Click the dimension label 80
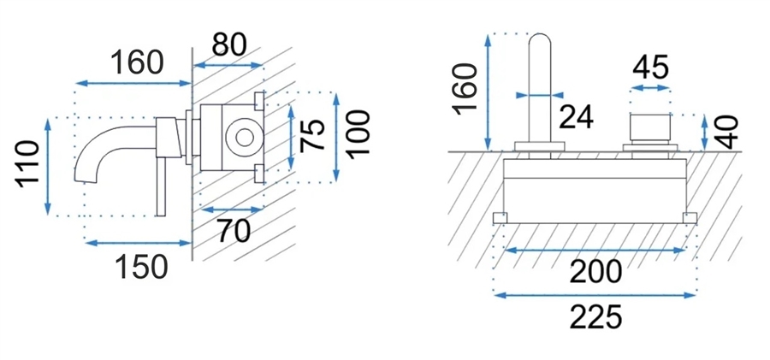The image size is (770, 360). click(x=228, y=45)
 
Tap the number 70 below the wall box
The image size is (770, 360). click(x=234, y=232)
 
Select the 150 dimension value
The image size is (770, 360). click(x=141, y=268)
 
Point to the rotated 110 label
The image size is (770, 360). click(x=27, y=164)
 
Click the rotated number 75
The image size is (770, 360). click(x=312, y=135)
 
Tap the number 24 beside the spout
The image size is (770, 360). click(x=577, y=117)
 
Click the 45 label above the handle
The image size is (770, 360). click(x=651, y=68)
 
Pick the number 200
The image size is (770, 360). click(x=595, y=272)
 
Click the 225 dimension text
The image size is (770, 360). click(x=595, y=316)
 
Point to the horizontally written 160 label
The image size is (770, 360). click(x=136, y=62)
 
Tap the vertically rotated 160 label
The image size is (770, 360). click(x=465, y=89)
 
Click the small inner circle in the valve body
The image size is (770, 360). click(x=244, y=137)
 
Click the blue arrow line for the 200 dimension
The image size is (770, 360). click(x=595, y=251)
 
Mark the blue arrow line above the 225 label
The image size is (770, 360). click(x=595, y=295)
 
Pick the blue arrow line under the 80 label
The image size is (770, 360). click(x=228, y=65)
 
